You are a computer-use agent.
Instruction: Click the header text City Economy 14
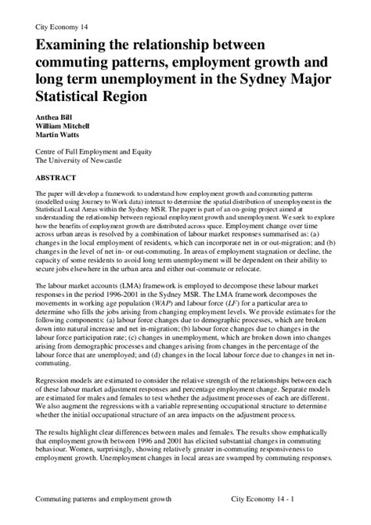pyautogui.click(x=62, y=26)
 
